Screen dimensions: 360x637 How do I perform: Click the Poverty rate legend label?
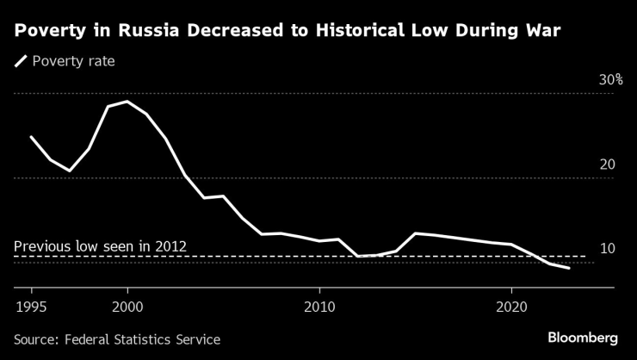point(72,61)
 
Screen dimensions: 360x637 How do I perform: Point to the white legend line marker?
point(20,61)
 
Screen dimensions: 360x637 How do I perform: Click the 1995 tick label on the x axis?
point(31,307)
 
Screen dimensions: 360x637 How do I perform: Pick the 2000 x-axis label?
point(127,307)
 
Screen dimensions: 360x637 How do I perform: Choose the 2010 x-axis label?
point(319,307)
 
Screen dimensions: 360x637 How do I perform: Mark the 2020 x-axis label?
point(511,307)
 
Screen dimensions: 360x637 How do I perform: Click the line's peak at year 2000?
point(127,102)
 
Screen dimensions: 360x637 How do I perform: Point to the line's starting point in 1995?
point(31,137)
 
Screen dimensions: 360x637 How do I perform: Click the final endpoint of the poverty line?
point(569,269)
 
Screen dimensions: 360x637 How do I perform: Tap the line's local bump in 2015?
point(416,233)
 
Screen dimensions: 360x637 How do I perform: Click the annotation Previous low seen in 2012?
point(100,247)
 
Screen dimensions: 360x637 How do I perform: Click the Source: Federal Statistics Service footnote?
point(117,339)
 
